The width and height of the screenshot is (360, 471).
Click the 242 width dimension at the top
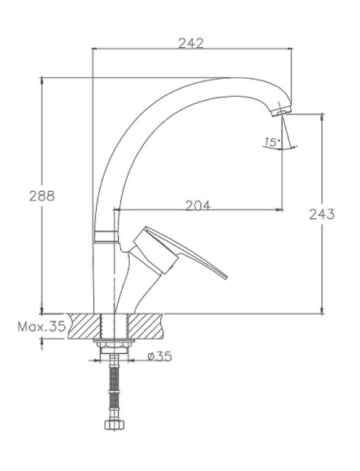(x=191, y=43)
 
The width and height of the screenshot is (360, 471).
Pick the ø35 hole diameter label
(x=161, y=355)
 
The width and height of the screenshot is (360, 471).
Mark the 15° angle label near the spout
(x=271, y=142)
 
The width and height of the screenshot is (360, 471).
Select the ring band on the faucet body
(x=105, y=236)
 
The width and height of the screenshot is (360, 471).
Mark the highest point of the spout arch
(x=232, y=79)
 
